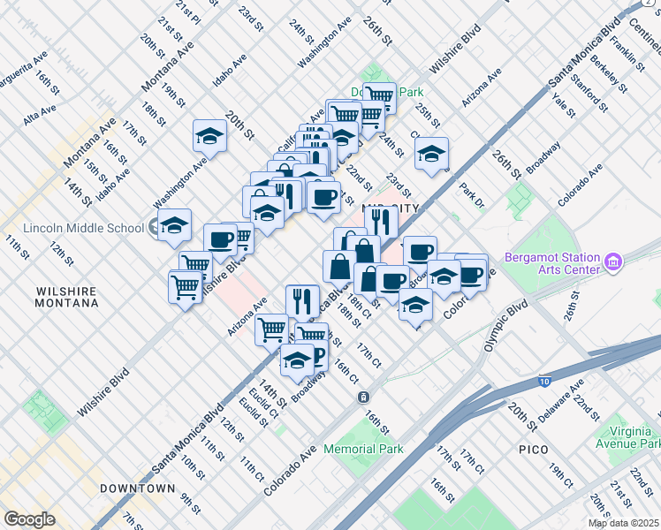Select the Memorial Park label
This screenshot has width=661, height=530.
click(363, 449)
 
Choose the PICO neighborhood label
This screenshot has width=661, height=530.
click(534, 450)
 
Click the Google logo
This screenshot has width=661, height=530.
click(29, 519)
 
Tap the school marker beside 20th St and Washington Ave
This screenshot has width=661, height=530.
click(209, 135)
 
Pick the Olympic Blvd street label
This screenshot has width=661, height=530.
click(505, 327)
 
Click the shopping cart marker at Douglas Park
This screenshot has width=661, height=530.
click(379, 95)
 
